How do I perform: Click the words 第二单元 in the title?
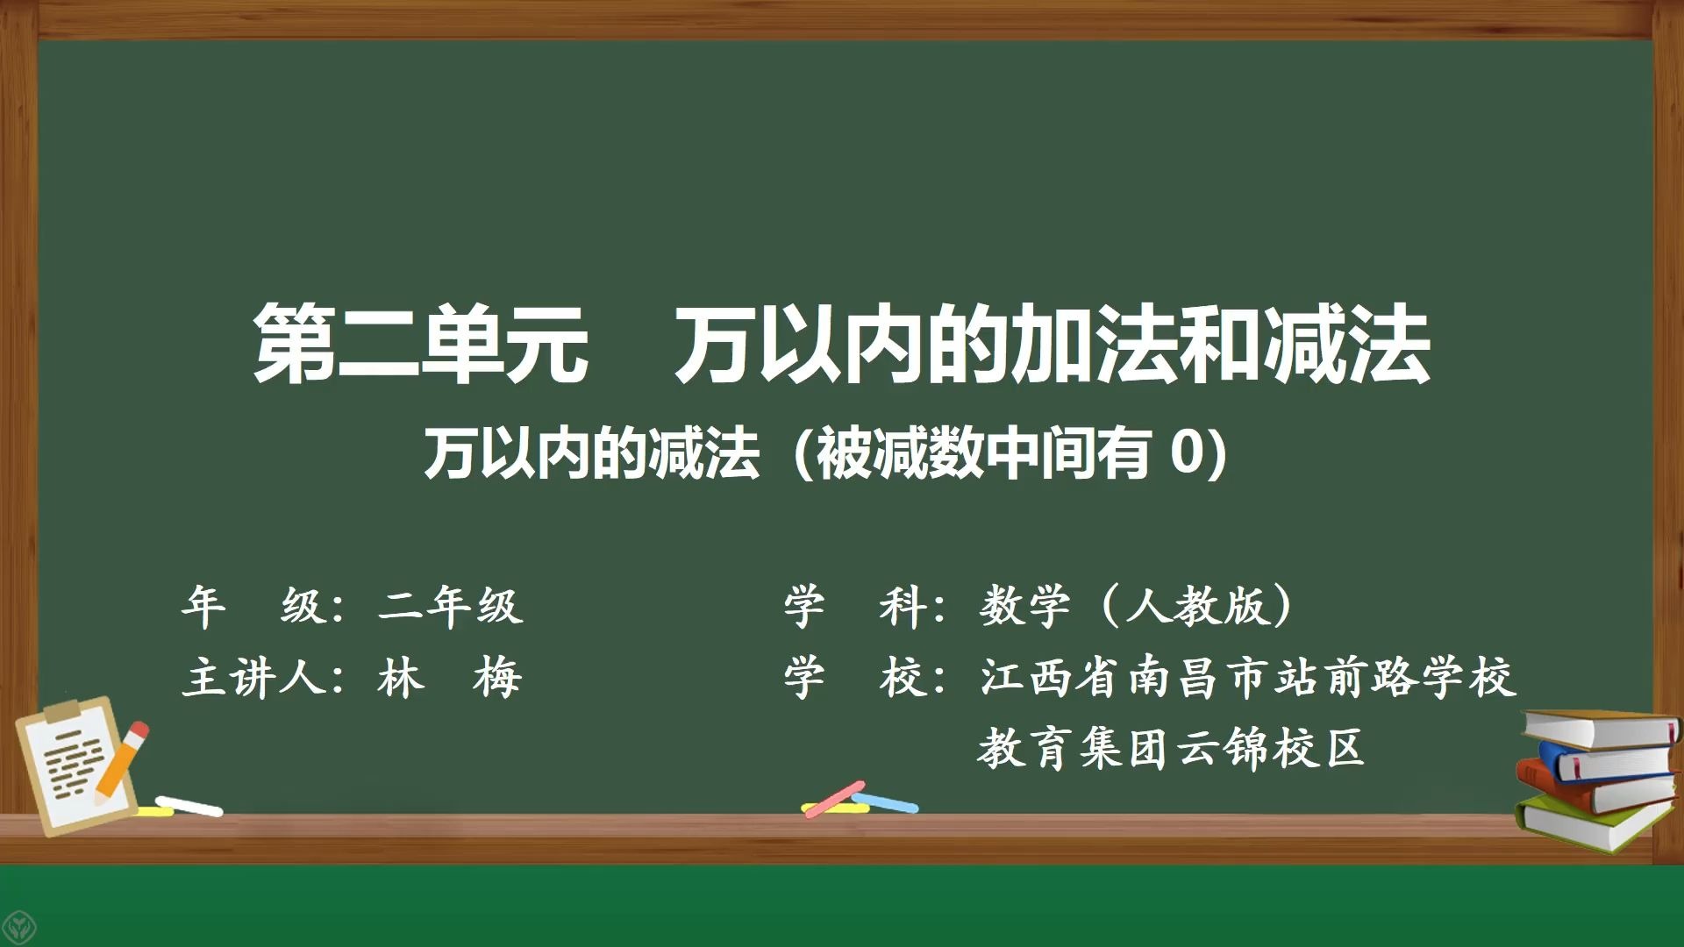(x=421, y=343)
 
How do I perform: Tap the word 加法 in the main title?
(x=1093, y=343)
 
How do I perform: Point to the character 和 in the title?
(x=1219, y=343)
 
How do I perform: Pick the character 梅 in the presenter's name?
(x=497, y=677)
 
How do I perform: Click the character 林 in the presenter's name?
(x=401, y=677)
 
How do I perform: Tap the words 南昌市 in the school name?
(x=1201, y=677)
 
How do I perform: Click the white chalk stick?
(x=189, y=805)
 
